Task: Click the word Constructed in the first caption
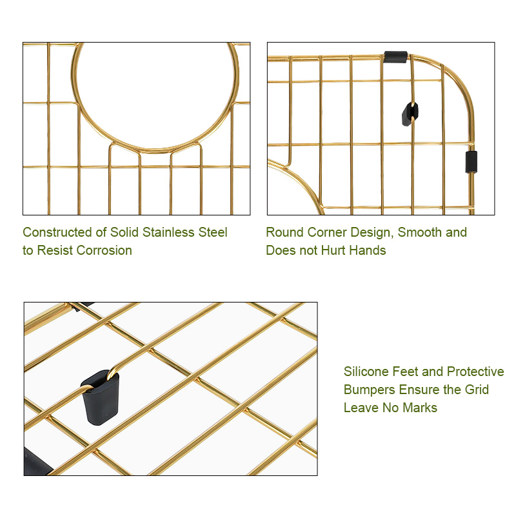57,232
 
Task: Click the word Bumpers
369,390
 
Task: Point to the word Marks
420,408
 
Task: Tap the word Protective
475,372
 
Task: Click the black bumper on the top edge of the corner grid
395,57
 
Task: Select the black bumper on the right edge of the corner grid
471,162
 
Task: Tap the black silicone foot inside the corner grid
410,114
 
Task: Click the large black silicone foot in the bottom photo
100,397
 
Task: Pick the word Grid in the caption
477,390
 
